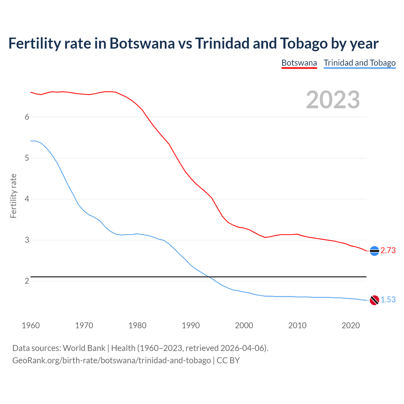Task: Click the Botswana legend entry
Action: (x=299, y=63)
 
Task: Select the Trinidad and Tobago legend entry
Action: (x=359, y=63)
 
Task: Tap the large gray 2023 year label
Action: (x=333, y=100)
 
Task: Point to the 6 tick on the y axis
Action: (x=27, y=117)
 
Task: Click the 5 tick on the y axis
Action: (x=27, y=158)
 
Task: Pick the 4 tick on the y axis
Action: (x=27, y=199)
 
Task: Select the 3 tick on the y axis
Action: (x=27, y=240)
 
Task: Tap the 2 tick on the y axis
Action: (x=27, y=281)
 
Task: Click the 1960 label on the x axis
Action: (x=31, y=325)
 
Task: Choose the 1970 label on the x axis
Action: (x=84, y=325)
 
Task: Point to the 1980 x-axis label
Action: (x=137, y=325)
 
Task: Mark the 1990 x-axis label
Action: (x=191, y=325)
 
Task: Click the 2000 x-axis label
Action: (x=244, y=325)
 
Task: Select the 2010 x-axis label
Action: (x=297, y=325)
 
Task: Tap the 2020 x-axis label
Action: (x=351, y=325)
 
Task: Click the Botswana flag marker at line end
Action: (x=374, y=251)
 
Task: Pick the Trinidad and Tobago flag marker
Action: (x=374, y=300)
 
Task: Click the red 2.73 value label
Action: (x=388, y=251)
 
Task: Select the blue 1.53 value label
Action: (x=388, y=300)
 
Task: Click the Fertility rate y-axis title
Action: (x=13, y=196)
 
